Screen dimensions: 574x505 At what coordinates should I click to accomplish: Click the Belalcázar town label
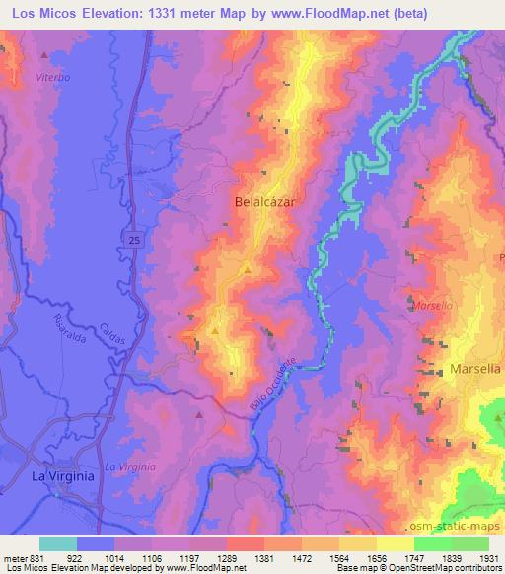265,200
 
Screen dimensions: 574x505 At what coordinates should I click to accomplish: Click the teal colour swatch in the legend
58,542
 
